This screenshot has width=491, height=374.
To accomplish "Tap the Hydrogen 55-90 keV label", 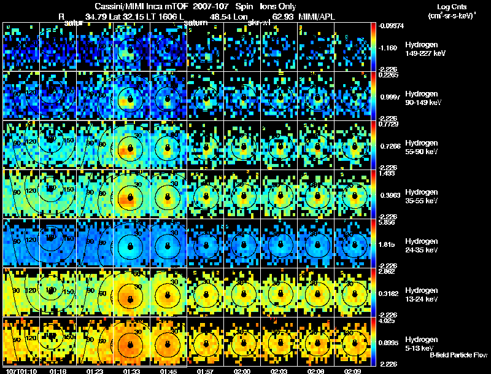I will click(422, 147).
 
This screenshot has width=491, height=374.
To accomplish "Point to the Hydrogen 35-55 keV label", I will click(422, 197).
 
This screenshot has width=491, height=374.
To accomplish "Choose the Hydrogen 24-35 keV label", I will click(422, 246).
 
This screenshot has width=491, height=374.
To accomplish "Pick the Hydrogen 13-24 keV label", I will click(422, 295).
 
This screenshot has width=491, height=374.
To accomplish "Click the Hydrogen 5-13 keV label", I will click(421, 344).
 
